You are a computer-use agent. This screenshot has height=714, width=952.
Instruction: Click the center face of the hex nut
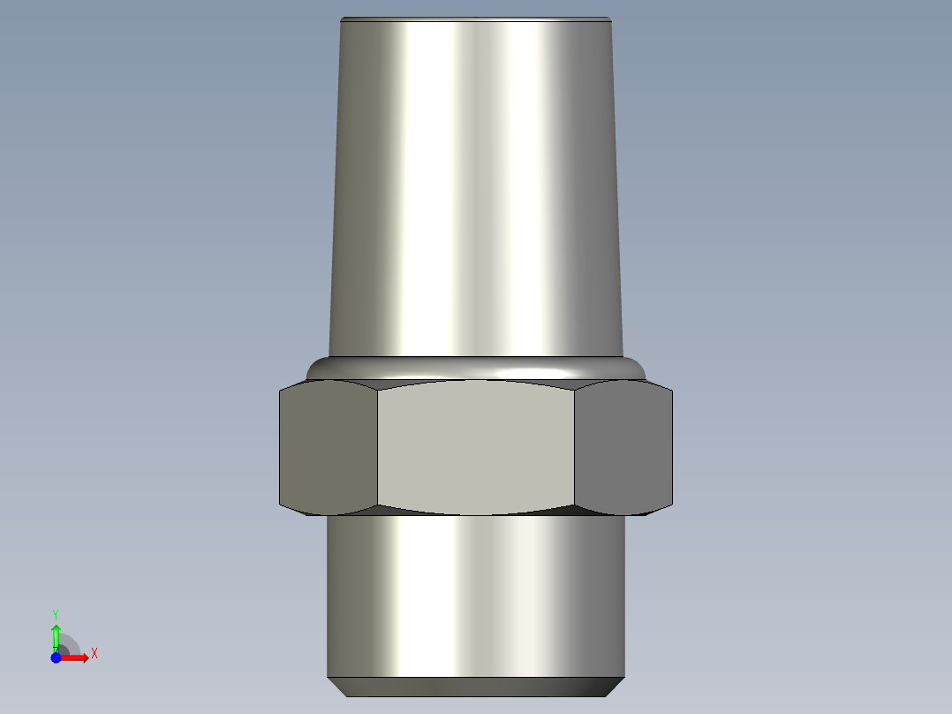point(476,448)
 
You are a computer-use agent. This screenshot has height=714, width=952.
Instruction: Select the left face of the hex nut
point(328,448)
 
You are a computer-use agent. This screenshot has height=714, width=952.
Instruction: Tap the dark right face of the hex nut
point(623,448)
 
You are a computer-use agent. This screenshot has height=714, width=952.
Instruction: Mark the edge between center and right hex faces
point(575,448)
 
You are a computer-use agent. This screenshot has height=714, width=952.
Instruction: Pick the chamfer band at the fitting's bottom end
point(476,687)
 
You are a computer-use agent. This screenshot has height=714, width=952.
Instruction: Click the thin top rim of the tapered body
point(476,19)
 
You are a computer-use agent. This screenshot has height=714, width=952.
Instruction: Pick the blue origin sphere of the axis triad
point(56,658)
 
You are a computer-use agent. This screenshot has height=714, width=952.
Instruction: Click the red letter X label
point(94,654)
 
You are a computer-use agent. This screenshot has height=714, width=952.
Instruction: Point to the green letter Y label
point(56,613)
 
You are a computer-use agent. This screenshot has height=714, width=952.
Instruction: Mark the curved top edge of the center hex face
point(476,382)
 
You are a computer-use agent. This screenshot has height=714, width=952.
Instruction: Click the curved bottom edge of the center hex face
point(476,514)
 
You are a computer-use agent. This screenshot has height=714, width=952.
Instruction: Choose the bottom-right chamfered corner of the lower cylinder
point(617,687)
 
